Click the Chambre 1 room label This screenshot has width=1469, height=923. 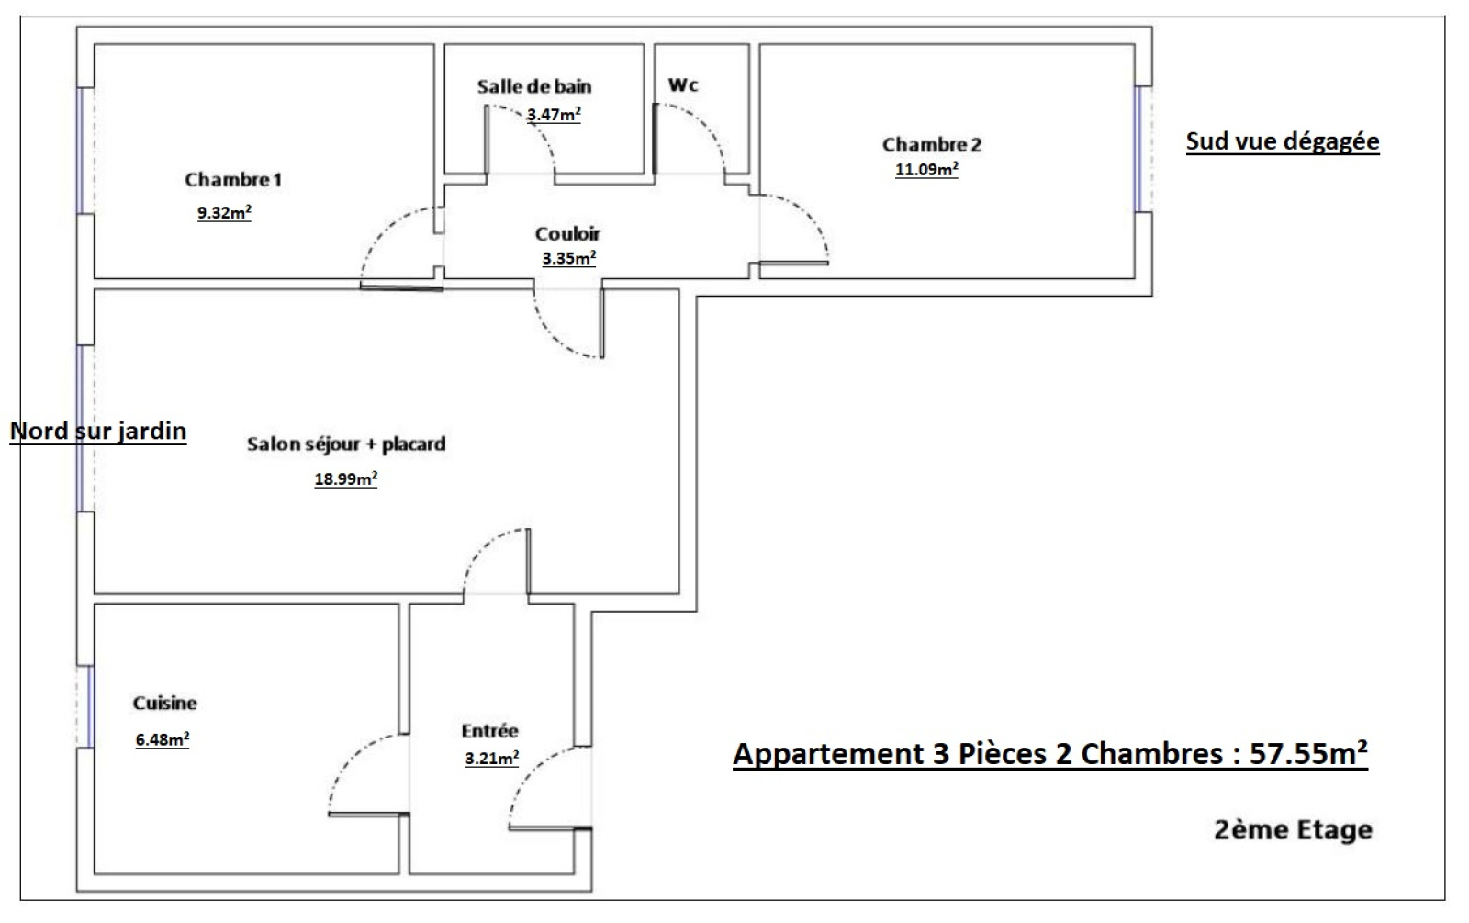(x=233, y=179)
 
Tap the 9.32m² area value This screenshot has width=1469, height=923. (x=224, y=212)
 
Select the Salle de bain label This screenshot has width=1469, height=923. (x=533, y=86)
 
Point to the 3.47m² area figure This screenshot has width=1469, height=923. (x=554, y=114)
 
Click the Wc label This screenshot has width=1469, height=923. (x=683, y=84)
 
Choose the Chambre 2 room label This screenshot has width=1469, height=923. (x=931, y=144)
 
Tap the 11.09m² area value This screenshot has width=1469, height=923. (x=926, y=169)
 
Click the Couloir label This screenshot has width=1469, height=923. (x=567, y=233)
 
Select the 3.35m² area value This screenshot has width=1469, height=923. (x=568, y=258)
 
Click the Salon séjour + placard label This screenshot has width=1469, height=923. (x=346, y=445)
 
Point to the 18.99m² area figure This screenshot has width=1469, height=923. (x=345, y=478)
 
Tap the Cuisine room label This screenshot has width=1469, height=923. (x=164, y=703)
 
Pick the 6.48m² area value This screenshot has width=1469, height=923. (x=162, y=739)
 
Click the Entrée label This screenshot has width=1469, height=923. (x=490, y=730)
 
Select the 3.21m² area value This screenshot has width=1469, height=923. (x=492, y=759)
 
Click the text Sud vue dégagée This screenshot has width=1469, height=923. (x=1283, y=141)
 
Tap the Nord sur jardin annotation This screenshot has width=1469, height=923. (x=98, y=431)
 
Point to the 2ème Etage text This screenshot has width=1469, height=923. (x=1294, y=830)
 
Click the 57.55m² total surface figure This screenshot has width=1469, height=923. (x=1308, y=753)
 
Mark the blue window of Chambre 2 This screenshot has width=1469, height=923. (x=1139, y=150)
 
